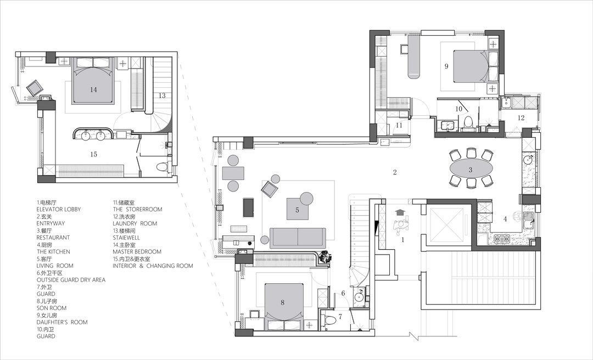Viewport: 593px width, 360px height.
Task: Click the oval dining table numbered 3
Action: coord(471,170)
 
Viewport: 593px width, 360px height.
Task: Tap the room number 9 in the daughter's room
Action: coord(446,66)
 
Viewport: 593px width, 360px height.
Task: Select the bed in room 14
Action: coord(93,81)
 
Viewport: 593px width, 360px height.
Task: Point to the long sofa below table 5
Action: coord(298,238)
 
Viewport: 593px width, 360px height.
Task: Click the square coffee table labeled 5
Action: coord(297,209)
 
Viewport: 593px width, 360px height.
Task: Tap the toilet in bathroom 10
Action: coord(468,123)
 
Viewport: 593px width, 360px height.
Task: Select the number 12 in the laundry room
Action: coord(521,117)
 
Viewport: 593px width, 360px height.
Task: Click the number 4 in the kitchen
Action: coord(505,218)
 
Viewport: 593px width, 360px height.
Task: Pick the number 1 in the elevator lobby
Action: coord(403,239)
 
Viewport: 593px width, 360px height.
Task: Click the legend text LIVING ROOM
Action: coord(55,266)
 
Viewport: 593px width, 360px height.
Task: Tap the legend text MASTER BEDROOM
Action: coord(137,251)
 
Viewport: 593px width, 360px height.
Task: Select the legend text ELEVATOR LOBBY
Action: coord(59,209)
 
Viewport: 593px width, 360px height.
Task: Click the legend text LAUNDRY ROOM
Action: coord(135,223)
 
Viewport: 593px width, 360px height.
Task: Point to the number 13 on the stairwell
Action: coord(162,95)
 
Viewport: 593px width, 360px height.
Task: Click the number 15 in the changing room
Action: coord(94,154)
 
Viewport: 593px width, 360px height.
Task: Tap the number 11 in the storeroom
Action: coord(399,125)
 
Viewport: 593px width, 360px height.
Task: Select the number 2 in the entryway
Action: coord(395,172)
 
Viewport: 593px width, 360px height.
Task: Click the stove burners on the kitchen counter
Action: coord(502,239)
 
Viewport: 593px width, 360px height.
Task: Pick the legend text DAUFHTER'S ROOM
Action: coord(62,322)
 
